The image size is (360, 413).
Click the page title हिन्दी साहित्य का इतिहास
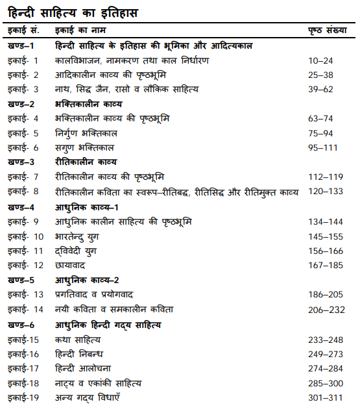(73, 12)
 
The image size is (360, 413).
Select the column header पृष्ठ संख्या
(328, 30)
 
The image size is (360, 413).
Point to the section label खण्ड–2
(21, 103)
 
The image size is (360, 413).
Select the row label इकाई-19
(24, 397)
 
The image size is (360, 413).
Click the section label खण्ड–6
(21, 324)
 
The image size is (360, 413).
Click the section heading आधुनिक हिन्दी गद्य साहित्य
(108, 324)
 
